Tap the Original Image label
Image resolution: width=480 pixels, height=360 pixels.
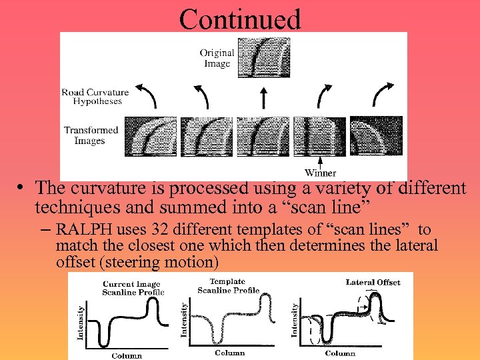(217, 58)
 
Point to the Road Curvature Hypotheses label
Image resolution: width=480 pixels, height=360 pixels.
(95, 97)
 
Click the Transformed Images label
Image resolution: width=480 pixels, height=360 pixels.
(91, 135)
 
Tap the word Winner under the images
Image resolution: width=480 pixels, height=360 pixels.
(320, 173)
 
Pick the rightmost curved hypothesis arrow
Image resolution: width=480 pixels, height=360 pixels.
(382, 95)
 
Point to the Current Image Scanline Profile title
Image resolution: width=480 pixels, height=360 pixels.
(132, 288)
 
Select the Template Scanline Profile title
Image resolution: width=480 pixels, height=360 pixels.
(228, 286)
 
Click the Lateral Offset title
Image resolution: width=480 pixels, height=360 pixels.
(373, 282)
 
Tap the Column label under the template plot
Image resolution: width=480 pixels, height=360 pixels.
(229, 353)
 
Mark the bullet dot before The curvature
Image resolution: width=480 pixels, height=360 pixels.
(22, 189)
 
